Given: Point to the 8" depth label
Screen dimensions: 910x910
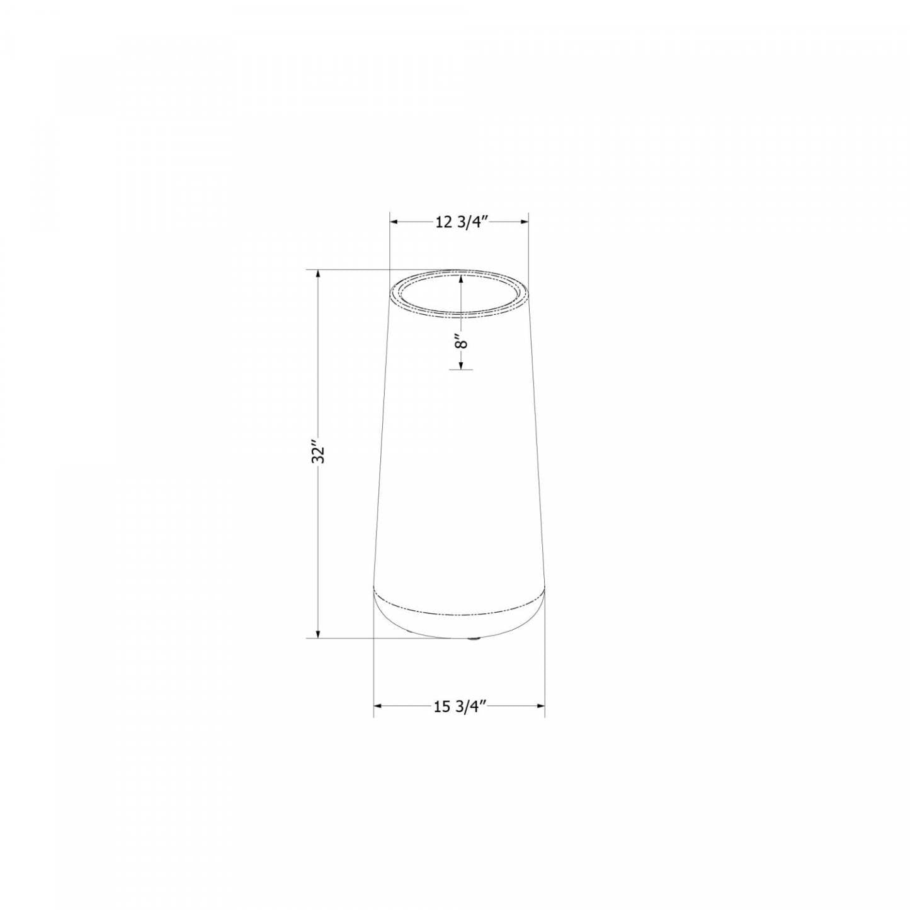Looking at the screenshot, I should tap(462, 343).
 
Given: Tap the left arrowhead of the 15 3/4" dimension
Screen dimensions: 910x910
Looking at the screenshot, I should tap(378, 707).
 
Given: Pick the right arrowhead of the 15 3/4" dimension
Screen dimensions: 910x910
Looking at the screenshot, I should tap(540, 707).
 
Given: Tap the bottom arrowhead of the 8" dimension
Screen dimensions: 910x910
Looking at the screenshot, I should tap(462, 364).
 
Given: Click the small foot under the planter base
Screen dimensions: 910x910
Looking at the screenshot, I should tap(474, 640).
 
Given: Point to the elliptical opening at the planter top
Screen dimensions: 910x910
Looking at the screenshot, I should tap(459, 292).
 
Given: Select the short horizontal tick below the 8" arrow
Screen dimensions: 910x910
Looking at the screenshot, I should tap(461, 369).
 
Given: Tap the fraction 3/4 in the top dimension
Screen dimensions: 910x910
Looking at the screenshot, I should tap(472, 222).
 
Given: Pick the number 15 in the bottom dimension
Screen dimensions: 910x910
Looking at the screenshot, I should tap(441, 707).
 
